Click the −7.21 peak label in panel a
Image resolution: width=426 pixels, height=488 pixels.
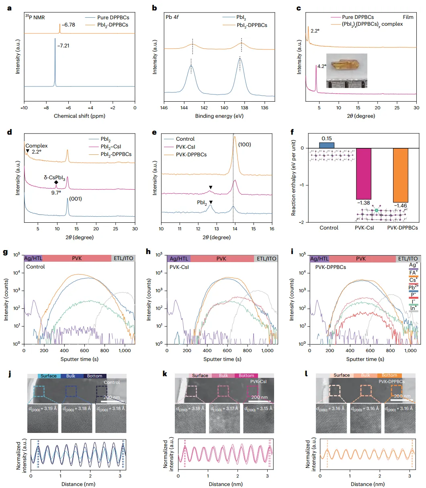[63, 46]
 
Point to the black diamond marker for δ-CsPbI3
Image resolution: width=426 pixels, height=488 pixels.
[56, 182]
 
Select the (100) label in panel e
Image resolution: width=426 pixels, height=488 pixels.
[244, 144]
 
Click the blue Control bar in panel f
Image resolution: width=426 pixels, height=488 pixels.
[327, 145]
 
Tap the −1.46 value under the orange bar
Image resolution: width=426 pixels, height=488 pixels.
[400, 205]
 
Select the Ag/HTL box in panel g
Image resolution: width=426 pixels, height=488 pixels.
[33, 258]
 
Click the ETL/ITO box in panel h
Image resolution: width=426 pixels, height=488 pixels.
[266, 258]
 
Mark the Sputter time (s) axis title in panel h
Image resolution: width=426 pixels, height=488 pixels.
[222, 359]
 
